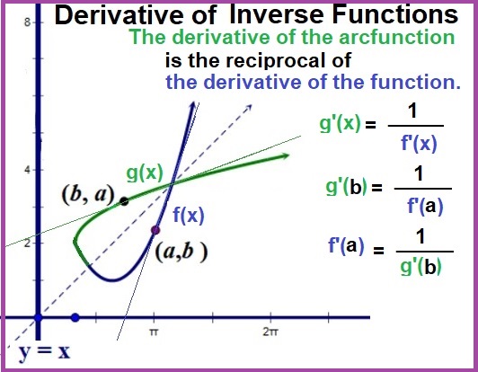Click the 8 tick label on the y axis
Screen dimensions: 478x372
[x=28, y=22]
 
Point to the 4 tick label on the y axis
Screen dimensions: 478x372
[x=28, y=170]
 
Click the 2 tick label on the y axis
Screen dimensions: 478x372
[x=28, y=244]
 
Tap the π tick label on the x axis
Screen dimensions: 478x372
[x=154, y=332]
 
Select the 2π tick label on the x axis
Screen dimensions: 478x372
[x=270, y=332]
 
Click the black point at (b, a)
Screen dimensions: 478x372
[x=124, y=201]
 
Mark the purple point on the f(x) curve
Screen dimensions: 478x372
[x=155, y=230]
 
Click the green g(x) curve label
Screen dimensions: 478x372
[x=145, y=173]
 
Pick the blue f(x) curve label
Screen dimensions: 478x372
[x=189, y=215]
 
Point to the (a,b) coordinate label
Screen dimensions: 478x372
[x=181, y=252]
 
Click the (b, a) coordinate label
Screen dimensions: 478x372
[x=87, y=194]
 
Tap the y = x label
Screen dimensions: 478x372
[x=45, y=351]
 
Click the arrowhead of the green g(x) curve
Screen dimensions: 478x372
[x=286, y=156]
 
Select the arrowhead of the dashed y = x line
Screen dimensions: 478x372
[x=249, y=108]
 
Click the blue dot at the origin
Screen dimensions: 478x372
[x=38, y=318]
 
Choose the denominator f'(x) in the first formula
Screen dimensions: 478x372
[x=419, y=143]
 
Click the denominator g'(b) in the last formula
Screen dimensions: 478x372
[x=420, y=267]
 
